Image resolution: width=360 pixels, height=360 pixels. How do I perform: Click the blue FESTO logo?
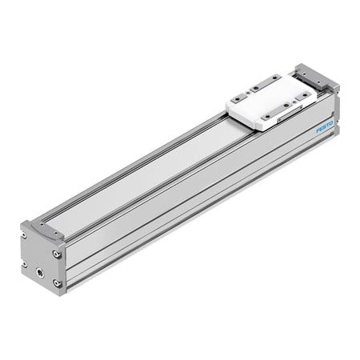(324, 126)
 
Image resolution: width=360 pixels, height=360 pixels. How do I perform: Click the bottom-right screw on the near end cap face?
(56, 283)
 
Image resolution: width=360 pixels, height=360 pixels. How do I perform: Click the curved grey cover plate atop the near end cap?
(45, 231)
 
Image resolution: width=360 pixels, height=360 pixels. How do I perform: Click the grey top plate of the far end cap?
(316, 75)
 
